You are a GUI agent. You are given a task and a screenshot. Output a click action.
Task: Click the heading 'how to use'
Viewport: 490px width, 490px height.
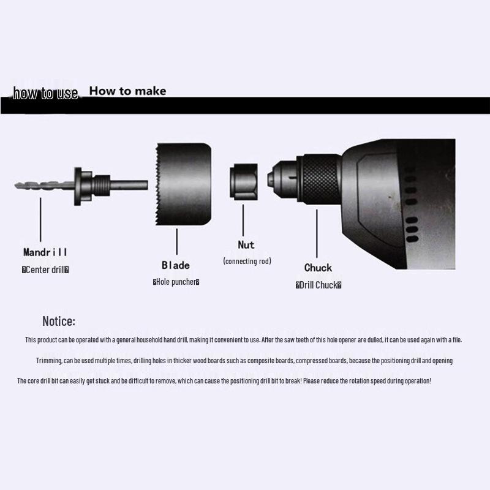tap(45, 93)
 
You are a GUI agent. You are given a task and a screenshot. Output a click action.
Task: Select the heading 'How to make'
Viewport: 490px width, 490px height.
tap(127, 91)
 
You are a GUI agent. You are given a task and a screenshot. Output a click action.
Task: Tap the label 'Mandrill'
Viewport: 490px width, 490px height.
tap(45, 252)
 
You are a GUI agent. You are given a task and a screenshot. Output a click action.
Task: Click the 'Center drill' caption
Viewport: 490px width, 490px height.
tap(45, 269)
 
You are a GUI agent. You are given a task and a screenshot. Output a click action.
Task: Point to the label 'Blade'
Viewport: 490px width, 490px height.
tap(176, 265)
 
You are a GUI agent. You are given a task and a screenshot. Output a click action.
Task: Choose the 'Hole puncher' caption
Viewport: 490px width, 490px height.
tap(176, 282)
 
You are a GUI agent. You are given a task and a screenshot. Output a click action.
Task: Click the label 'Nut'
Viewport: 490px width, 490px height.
tap(246, 244)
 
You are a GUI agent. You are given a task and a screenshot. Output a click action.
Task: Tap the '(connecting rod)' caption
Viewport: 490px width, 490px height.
tap(247, 261)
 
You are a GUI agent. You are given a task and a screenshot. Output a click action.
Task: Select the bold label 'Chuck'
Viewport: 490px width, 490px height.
tap(318, 268)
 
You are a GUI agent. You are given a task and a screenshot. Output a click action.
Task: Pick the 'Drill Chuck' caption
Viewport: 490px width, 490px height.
tap(318, 285)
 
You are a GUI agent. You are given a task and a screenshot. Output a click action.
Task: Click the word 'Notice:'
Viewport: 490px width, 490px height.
tap(59, 321)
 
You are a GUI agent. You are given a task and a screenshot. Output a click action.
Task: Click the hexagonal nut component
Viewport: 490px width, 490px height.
tap(244, 181)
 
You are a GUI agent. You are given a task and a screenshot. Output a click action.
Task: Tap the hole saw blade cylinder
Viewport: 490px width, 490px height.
tap(183, 184)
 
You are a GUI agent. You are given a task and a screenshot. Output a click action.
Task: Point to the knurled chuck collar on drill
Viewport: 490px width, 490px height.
tap(320, 179)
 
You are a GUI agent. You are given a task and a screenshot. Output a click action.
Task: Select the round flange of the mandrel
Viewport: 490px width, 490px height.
tap(78, 187)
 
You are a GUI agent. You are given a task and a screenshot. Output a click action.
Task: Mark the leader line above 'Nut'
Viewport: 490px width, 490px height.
tap(243, 220)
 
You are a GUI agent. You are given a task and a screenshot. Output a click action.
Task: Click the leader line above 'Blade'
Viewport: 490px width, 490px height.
tap(177, 241)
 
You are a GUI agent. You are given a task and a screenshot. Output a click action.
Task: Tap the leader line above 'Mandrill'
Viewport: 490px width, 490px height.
tap(40, 219)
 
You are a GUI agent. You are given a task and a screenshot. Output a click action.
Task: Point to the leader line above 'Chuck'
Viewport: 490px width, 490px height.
tap(317, 233)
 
